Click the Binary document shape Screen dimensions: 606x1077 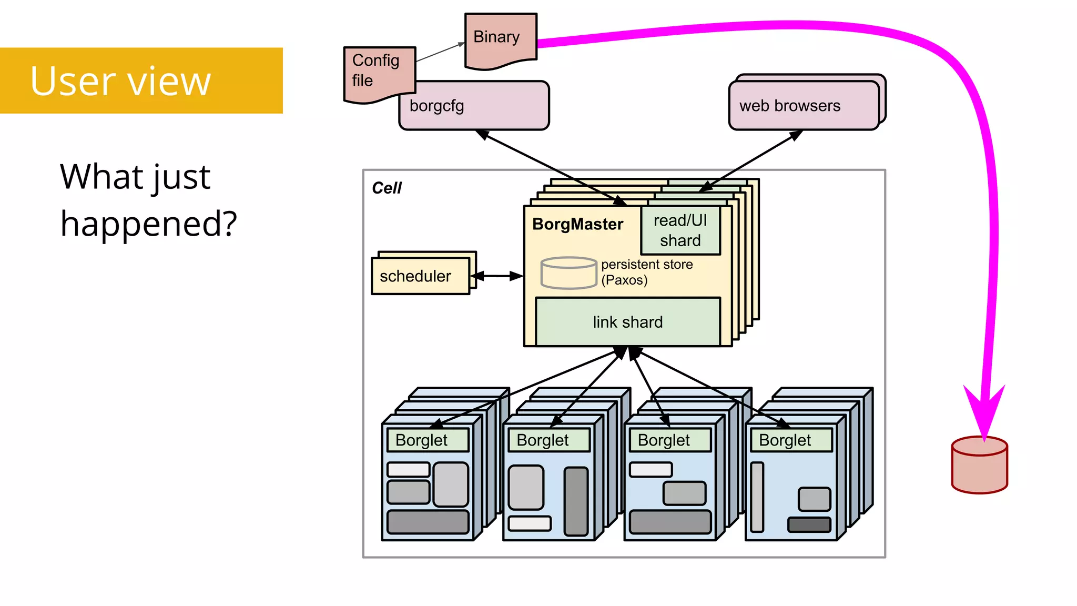point(500,39)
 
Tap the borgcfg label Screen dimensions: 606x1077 point(436,106)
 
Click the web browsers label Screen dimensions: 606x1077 point(789,106)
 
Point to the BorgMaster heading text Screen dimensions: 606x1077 point(577,225)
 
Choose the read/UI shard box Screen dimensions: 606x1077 point(680,231)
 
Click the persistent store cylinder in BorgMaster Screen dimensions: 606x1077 point(568,272)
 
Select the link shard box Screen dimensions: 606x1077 point(627,322)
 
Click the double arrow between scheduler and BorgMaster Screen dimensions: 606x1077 point(496,276)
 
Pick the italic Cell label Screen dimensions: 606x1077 point(387,188)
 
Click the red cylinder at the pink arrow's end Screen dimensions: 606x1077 point(979,466)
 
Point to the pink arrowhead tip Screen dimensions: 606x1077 point(984,436)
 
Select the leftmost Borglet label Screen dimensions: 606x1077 point(421,440)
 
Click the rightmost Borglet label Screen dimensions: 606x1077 point(785,440)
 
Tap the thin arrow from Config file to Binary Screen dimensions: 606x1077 point(440,53)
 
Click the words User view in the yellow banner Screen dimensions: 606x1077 point(120,81)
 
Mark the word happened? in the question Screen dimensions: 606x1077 point(149,224)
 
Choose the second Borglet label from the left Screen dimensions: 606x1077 point(542,440)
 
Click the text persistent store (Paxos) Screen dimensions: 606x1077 point(646,272)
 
